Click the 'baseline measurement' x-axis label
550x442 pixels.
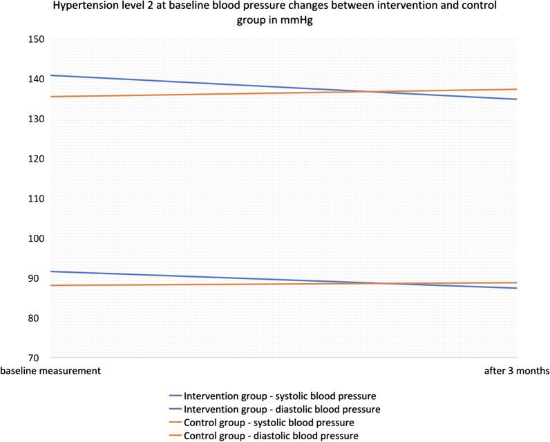(x=50, y=371)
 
